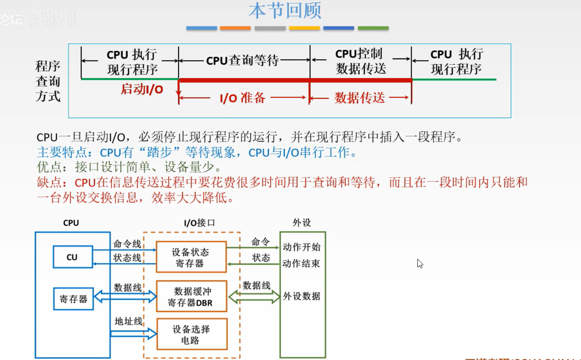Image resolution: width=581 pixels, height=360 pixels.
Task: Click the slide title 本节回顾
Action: point(285,11)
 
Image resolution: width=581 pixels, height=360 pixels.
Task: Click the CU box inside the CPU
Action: point(72,257)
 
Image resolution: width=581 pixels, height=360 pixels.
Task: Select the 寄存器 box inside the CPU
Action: point(74,299)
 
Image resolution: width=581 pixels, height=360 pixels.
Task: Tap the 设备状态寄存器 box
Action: point(191,257)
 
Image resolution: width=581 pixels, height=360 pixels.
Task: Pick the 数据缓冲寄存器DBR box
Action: point(191,297)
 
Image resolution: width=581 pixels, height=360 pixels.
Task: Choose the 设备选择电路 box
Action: point(191,334)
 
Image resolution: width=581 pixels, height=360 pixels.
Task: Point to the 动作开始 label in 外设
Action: point(302,247)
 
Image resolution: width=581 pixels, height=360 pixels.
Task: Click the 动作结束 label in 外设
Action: point(302,264)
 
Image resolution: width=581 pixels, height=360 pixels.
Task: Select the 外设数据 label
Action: point(302,296)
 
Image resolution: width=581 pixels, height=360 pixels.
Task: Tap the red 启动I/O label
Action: point(142,89)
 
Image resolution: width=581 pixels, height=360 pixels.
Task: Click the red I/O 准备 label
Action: point(243,98)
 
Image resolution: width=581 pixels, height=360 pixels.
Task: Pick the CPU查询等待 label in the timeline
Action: point(243,61)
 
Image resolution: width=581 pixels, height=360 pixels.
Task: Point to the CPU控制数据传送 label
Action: point(360,61)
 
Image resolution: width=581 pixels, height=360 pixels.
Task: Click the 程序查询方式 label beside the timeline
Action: point(48,81)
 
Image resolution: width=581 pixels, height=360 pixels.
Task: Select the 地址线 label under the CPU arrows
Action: point(128,321)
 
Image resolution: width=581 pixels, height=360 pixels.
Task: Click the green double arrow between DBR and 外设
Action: point(254,297)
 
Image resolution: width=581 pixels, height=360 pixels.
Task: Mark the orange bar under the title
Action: point(235,28)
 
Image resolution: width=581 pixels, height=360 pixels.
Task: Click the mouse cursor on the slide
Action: point(420,263)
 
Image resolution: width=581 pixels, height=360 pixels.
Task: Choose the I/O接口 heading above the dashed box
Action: point(199,223)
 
